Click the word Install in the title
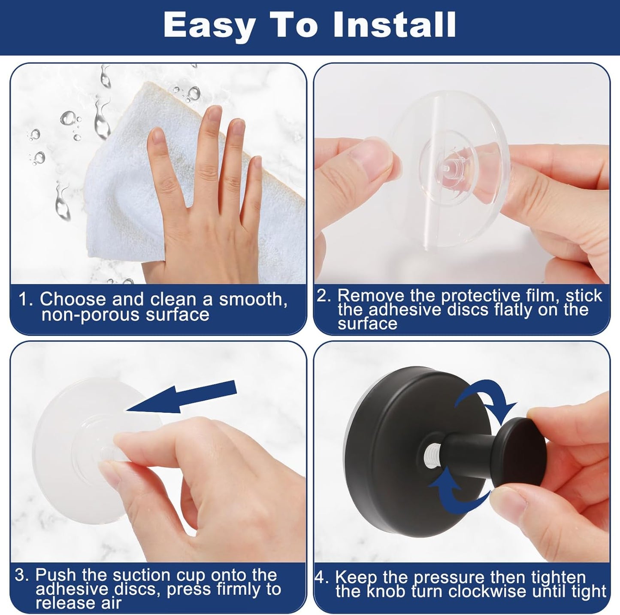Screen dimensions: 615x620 click(x=394, y=26)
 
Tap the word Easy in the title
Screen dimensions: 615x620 click(x=209, y=26)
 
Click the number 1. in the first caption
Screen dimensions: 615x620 click(x=26, y=299)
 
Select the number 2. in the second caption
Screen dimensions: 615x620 click(x=324, y=296)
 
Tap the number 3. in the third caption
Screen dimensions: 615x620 click(x=22, y=575)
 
